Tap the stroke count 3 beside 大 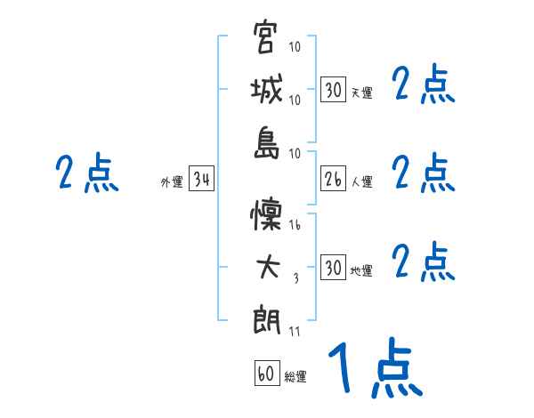pos(295,279)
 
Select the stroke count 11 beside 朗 pos(295,332)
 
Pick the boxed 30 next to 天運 pos(333,90)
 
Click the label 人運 pos(361,182)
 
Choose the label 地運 pos(361,271)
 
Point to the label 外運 pos(172,183)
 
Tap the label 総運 pos(295,377)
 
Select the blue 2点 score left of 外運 pos(85,174)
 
